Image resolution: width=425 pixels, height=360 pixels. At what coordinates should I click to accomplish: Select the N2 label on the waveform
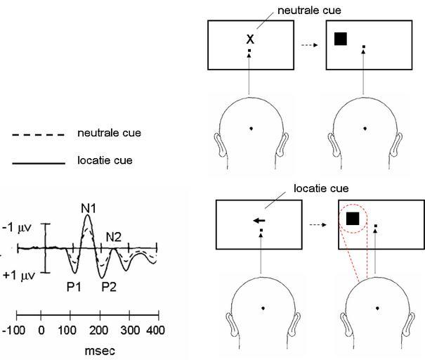[114, 237]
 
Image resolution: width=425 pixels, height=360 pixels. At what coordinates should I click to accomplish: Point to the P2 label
[107, 286]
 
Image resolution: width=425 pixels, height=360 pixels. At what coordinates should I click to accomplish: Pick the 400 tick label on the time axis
[156, 330]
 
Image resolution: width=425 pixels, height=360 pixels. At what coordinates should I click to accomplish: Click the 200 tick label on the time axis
[98, 330]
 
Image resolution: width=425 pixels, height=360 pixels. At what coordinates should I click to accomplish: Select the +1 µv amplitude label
[20, 275]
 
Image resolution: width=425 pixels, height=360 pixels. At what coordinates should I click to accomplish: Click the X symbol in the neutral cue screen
[249, 40]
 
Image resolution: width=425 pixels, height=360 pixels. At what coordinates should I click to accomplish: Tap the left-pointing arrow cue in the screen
[259, 221]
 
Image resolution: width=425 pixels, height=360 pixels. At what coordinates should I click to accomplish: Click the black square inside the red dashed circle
[353, 219]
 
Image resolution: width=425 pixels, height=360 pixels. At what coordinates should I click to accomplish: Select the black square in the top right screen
[341, 39]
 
